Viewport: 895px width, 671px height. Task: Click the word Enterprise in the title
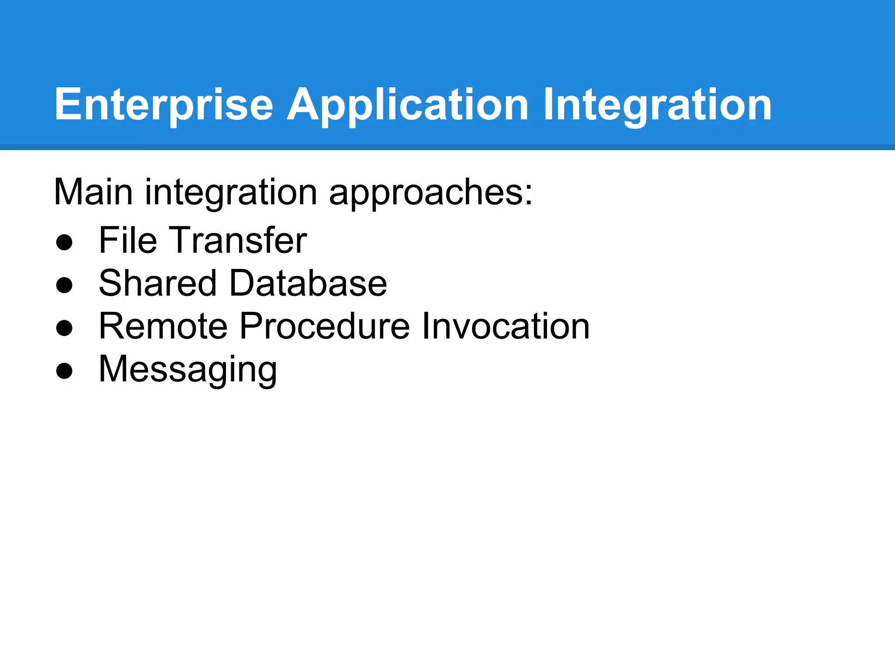pyautogui.click(x=164, y=105)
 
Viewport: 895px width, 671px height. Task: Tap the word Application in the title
pyautogui.click(x=407, y=105)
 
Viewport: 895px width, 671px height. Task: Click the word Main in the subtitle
pyautogui.click(x=93, y=192)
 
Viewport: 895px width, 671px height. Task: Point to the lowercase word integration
pyautogui.click(x=231, y=192)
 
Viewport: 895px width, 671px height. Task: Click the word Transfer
pyautogui.click(x=238, y=240)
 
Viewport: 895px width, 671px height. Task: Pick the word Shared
pyautogui.click(x=157, y=283)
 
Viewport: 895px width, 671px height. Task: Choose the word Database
pyautogui.click(x=308, y=283)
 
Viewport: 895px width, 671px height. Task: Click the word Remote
pyautogui.click(x=163, y=326)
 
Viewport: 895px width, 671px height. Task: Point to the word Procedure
pyautogui.click(x=325, y=326)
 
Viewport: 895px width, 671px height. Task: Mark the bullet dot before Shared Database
pyautogui.click(x=64, y=285)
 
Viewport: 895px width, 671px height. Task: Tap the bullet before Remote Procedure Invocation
pyautogui.click(x=64, y=328)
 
